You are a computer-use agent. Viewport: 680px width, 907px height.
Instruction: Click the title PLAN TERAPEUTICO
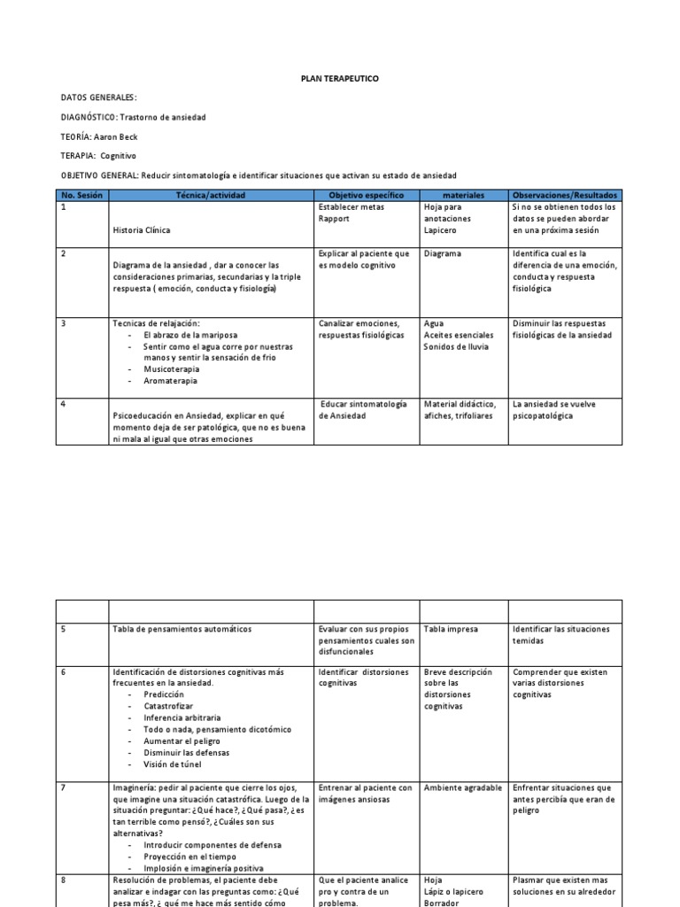(339, 79)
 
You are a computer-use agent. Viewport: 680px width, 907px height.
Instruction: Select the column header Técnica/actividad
(210, 195)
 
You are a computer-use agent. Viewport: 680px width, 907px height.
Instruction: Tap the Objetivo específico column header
(366, 195)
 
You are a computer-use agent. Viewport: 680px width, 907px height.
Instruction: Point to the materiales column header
(463, 195)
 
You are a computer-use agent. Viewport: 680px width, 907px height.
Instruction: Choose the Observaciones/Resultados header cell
(564, 195)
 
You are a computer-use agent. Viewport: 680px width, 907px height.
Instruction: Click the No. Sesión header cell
(81, 195)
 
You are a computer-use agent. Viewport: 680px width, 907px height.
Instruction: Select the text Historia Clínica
(142, 230)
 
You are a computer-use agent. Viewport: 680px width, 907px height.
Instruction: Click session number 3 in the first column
(64, 323)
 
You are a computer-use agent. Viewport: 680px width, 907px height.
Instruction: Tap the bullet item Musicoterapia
(170, 369)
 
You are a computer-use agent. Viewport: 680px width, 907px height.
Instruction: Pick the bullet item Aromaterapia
(170, 381)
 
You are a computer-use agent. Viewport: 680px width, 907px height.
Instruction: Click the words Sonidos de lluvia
(456, 346)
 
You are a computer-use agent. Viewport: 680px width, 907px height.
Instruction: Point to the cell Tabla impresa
(451, 629)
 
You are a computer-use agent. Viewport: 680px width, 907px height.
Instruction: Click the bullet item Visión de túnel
(174, 764)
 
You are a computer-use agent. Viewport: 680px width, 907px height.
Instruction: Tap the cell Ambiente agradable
(462, 787)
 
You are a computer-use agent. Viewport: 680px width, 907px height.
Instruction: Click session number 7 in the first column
(64, 787)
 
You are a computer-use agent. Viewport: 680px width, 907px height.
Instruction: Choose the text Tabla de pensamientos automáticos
(182, 629)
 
